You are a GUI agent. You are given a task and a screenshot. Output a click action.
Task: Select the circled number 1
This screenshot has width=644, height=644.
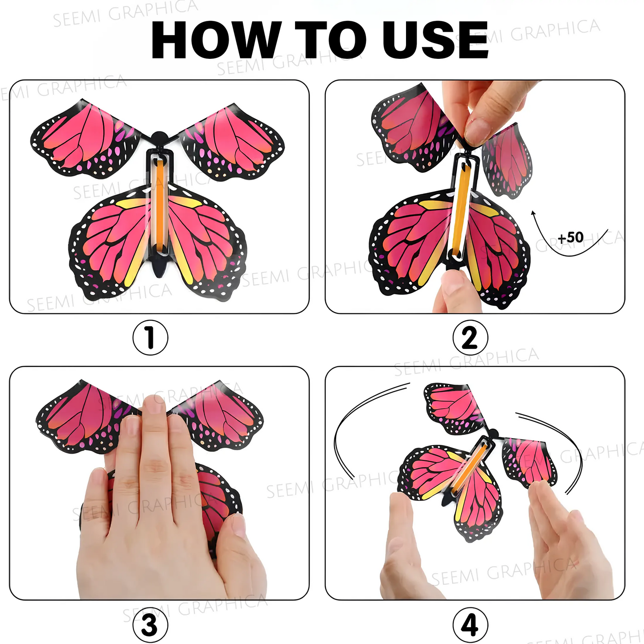coord(150,337)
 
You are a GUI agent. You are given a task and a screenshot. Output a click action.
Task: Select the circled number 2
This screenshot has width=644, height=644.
coord(470,337)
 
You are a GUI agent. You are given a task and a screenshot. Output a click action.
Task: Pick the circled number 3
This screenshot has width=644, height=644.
coord(150,625)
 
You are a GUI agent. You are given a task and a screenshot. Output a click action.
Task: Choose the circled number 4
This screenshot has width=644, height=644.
coord(470,625)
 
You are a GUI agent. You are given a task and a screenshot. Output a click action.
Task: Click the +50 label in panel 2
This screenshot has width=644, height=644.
coord(570,237)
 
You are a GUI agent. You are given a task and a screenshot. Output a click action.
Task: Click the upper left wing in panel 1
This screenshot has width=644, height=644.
coord(85,139)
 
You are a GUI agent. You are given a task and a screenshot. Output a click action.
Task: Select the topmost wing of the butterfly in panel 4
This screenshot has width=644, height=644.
coord(455,408)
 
